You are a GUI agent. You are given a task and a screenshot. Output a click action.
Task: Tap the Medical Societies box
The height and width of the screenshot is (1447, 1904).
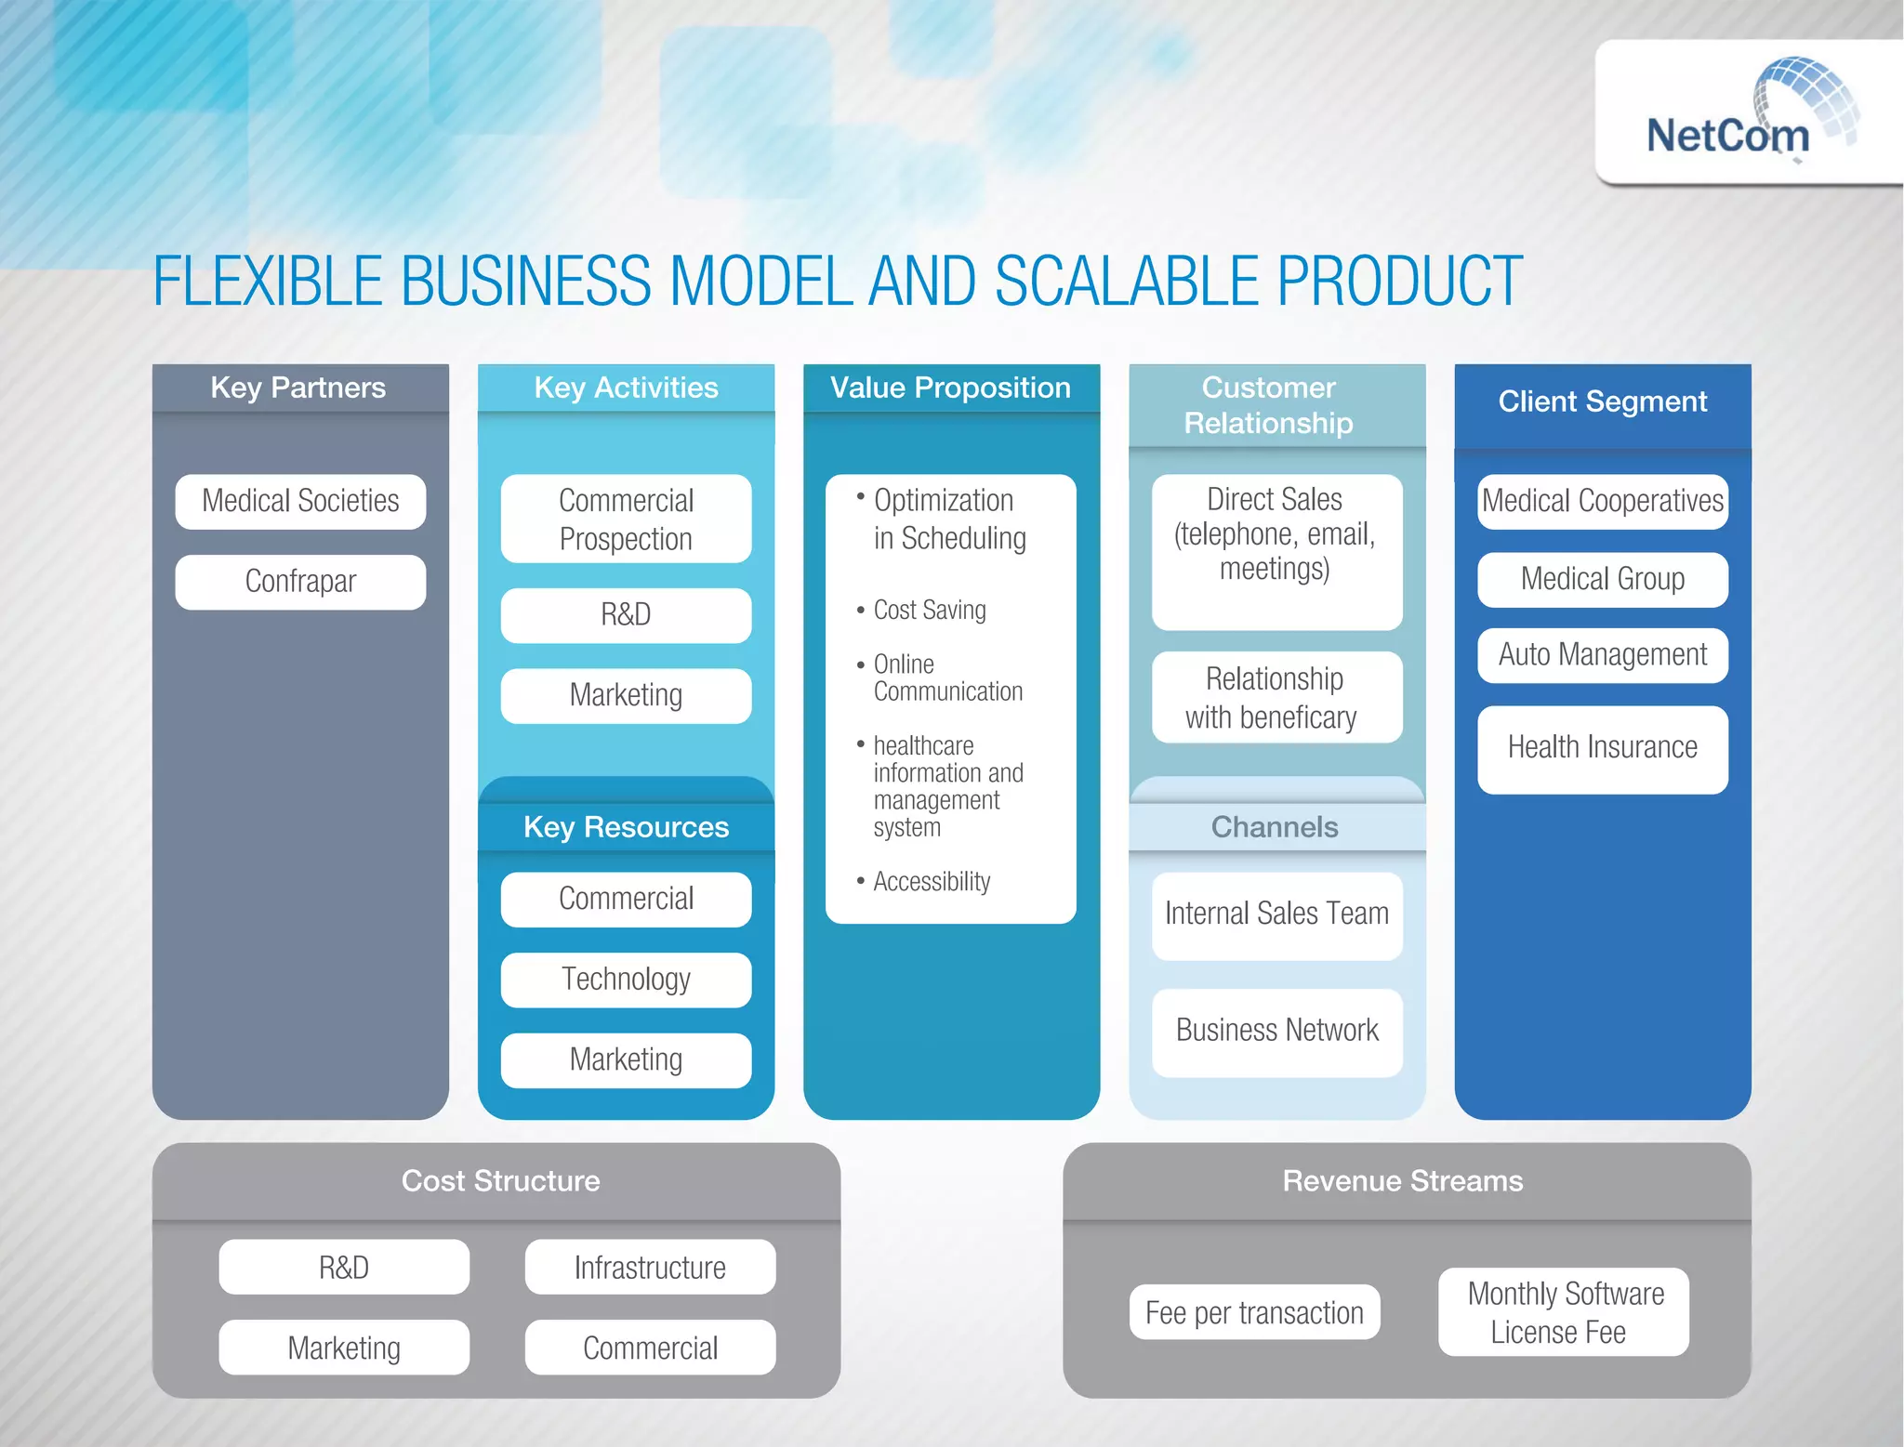(x=300, y=502)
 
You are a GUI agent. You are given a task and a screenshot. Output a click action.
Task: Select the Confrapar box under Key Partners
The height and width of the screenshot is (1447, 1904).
(x=300, y=582)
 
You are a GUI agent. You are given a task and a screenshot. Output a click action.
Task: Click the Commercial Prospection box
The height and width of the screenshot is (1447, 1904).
(x=626, y=520)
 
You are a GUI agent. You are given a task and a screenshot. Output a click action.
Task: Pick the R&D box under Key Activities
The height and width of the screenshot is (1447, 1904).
(x=626, y=615)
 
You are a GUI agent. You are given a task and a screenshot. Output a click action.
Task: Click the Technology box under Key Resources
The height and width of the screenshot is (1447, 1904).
(x=626, y=980)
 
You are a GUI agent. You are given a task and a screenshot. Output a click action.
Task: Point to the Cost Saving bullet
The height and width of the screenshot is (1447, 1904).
(x=929, y=611)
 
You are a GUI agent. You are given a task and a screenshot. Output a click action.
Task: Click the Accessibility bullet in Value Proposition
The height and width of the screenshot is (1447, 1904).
(x=931, y=882)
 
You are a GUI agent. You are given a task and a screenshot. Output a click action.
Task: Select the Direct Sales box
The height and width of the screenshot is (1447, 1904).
(x=1276, y=550)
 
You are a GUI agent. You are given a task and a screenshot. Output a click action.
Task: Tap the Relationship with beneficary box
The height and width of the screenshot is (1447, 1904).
(x=1276, y=698)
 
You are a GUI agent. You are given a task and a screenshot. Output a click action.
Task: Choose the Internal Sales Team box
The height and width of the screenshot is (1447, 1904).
(x=1276, y=914)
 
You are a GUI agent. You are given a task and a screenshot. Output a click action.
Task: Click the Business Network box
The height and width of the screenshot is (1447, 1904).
(x=1276, y=1032)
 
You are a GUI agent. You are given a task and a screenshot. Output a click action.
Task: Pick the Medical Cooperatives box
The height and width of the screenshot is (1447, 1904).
(x=1602, y=502)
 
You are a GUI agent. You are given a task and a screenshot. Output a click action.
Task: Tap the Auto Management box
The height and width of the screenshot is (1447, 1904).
(x=1602, y=655)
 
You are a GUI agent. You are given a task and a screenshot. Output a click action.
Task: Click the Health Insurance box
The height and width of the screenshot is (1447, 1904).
(x=1602, y=748)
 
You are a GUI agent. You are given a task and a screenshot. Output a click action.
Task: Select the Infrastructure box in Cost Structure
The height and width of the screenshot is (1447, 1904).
(x=650, y=1268)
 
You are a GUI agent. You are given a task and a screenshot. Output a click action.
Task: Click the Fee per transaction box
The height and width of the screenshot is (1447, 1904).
(x=1254, y=1313)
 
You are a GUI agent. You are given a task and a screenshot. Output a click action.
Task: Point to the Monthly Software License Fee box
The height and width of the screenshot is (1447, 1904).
(x=1564, y=1312)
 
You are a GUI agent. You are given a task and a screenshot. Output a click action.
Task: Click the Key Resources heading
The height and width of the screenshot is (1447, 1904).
(x=626, y=827)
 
